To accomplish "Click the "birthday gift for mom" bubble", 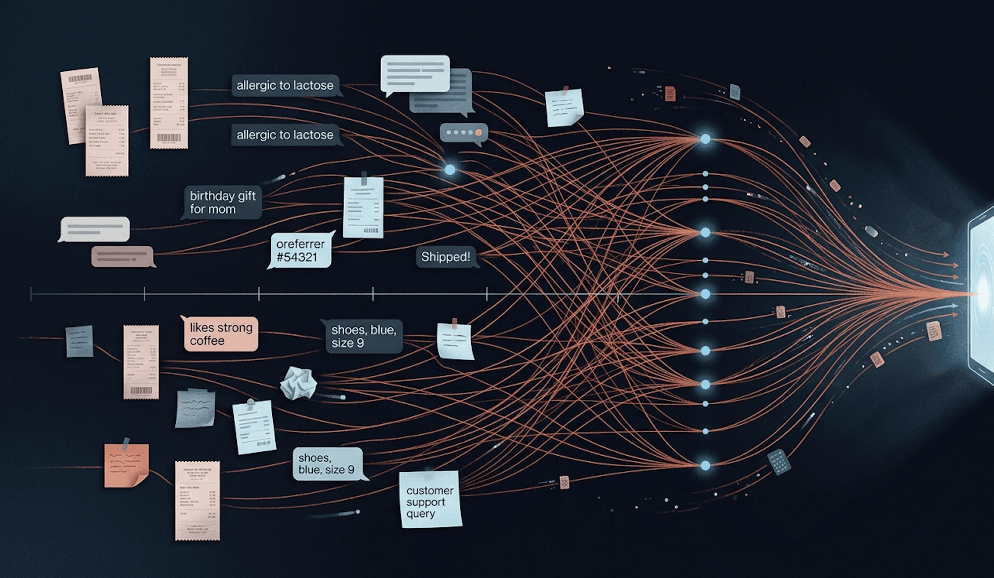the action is [x=222, y=202].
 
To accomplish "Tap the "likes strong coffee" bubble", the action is [x=221, y=334].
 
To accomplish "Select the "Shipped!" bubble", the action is [x=445, y=257].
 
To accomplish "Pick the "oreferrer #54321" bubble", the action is [x=300, y=250].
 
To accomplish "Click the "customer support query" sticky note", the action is [x=430, y=499].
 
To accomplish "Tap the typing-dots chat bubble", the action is [x=464, y=132].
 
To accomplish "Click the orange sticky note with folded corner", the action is [x=126, y=465].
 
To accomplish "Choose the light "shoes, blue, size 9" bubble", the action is [x=327, y=463].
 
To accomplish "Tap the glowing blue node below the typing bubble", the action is [x=449, y=170].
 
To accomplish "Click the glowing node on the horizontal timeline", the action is [x=705, y=294].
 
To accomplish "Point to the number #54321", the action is [x=297, y=257].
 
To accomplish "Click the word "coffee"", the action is [x=207, y=340].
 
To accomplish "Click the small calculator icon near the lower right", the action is [x=779, y=462].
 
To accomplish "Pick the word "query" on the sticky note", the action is [x=421, y=514].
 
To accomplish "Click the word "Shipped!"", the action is [x=445, y=257].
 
